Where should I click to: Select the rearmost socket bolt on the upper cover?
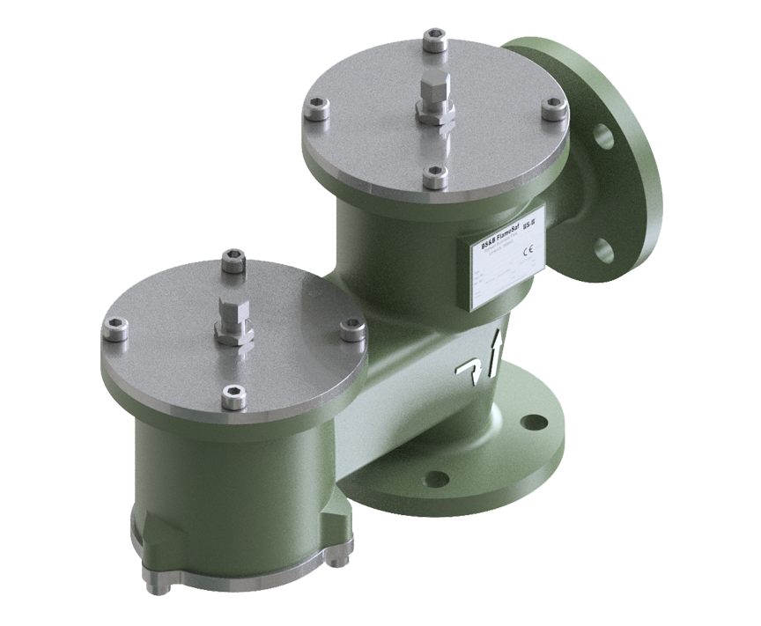point(434,41)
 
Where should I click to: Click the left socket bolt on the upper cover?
point(318,109)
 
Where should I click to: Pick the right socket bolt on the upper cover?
point(552,108)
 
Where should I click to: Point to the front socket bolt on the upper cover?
point(434,177)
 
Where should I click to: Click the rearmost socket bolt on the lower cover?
point(233,261)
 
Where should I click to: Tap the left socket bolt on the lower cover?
point(115,329)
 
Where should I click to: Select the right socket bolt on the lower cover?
point(352,329)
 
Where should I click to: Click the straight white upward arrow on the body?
point(493,354)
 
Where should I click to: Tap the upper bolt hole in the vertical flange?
point(602,135)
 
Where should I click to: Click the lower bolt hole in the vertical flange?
point(603,250)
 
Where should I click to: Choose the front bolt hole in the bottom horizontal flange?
point(437,479)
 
